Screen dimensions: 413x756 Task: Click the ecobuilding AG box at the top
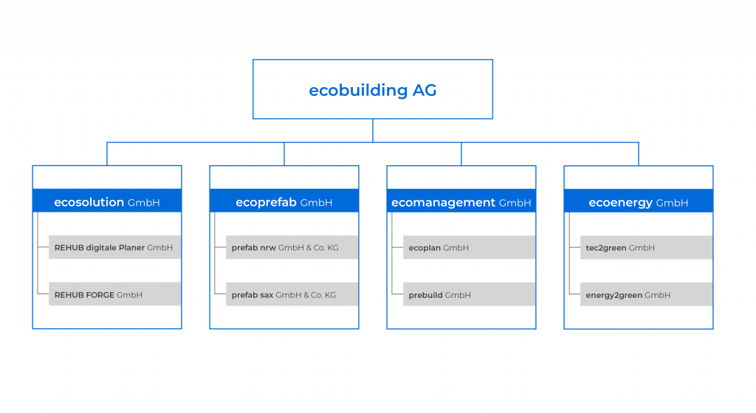coord(373,89)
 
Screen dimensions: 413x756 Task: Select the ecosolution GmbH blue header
coord(107,201)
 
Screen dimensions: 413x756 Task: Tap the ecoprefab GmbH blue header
coord(284,201)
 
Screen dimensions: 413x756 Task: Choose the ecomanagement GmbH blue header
coord(461,201)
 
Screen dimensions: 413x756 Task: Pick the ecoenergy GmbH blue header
coord(639,201)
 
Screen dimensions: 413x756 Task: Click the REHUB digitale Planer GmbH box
coord(114,248)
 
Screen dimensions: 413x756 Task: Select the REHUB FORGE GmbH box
coord(114,294)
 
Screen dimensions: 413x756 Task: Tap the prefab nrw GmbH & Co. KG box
coord(292,248)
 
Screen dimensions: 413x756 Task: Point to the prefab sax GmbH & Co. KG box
coord(292,294)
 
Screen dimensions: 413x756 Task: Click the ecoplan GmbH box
coord(469,248)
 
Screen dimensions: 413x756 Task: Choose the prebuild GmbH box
coord(469,294)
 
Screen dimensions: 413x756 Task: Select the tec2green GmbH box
coord(646,248)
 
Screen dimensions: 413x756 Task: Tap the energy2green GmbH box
coord(646,294)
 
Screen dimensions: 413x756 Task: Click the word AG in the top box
coord(425,91)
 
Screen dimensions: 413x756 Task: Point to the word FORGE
coord(100,295)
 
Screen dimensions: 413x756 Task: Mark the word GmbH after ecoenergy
coord(672,203)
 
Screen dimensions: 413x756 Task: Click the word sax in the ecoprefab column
coord(267,295)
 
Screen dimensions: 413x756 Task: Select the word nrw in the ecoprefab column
coord(267,248)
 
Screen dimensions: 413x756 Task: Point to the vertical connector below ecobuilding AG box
coord(373,131)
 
